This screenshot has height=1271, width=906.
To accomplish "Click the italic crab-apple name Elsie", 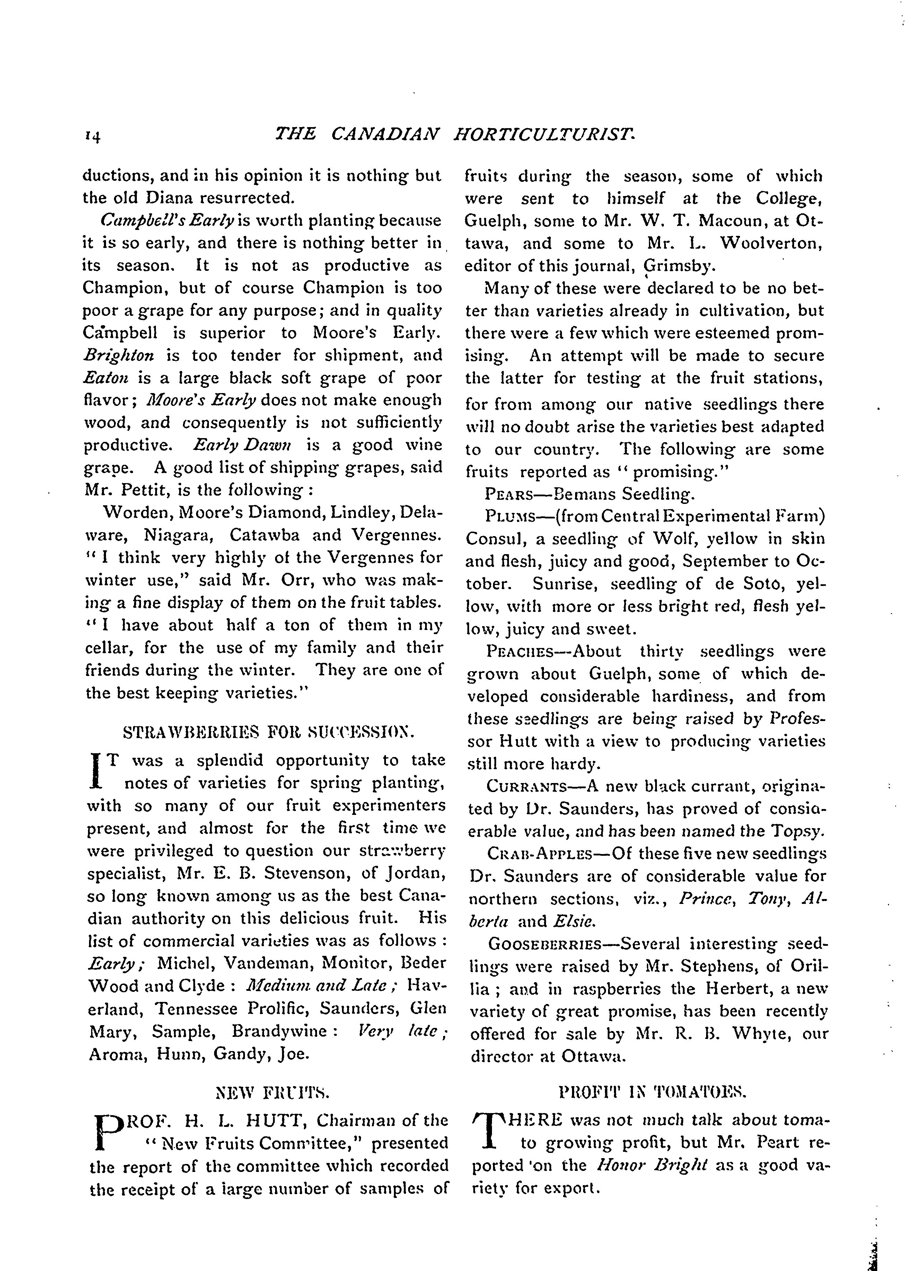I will click(567, 921).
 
